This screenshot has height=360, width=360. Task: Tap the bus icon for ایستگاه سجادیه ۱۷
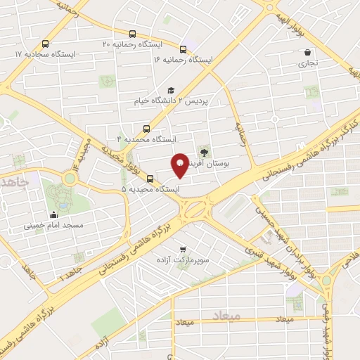[46, 43]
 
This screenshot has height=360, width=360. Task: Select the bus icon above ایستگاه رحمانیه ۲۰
[132, 34]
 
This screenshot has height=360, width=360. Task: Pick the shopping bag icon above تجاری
[308, 52]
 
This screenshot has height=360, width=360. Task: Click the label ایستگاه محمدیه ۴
[146, 139]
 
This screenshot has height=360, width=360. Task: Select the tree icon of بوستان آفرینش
[205, 151]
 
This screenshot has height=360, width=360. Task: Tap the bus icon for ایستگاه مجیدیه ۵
[149, 178]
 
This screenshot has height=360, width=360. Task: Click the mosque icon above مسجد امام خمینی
[54, 214]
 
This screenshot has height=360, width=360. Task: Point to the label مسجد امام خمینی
[54, 226]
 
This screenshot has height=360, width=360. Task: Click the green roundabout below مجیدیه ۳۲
[69, 178]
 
